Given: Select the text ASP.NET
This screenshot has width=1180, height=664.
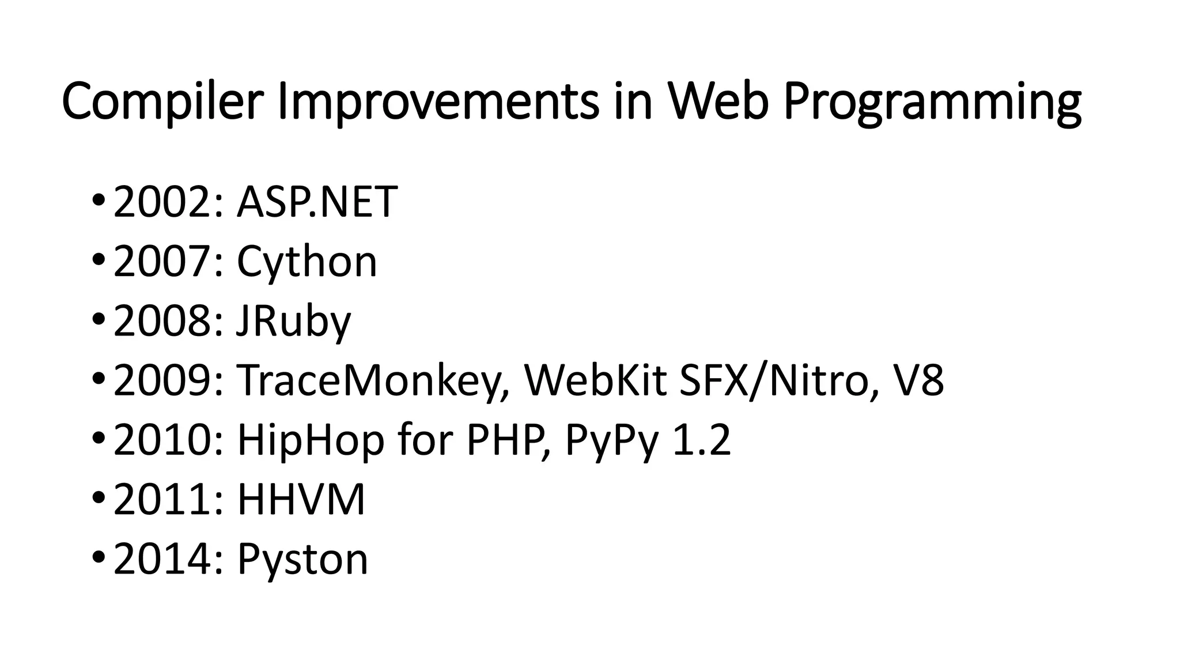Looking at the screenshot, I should [317, 202].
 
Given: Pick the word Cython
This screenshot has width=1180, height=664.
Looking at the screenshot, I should [307, 262].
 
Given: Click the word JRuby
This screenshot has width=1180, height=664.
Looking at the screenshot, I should [293, 322].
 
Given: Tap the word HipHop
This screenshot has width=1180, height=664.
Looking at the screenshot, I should [311, 441].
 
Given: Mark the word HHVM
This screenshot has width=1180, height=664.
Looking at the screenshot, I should [301, 499].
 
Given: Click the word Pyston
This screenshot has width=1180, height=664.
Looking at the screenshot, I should [302, 559].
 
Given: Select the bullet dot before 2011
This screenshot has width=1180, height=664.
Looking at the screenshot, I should [98, 497].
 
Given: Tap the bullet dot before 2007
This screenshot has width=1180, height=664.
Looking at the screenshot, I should [98, 259].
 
